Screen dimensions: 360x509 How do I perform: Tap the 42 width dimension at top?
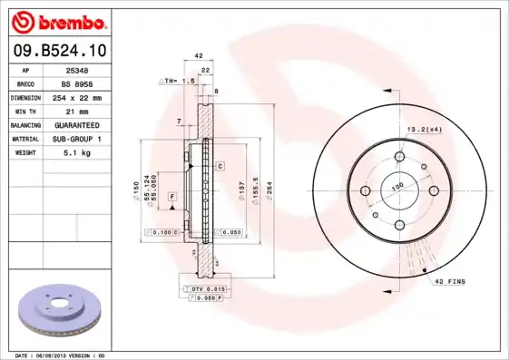(198, 56)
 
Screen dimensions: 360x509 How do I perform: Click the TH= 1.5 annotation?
(178, 81)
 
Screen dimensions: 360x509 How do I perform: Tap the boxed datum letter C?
(220, 167)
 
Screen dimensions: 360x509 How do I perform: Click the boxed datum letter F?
(171, 196)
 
